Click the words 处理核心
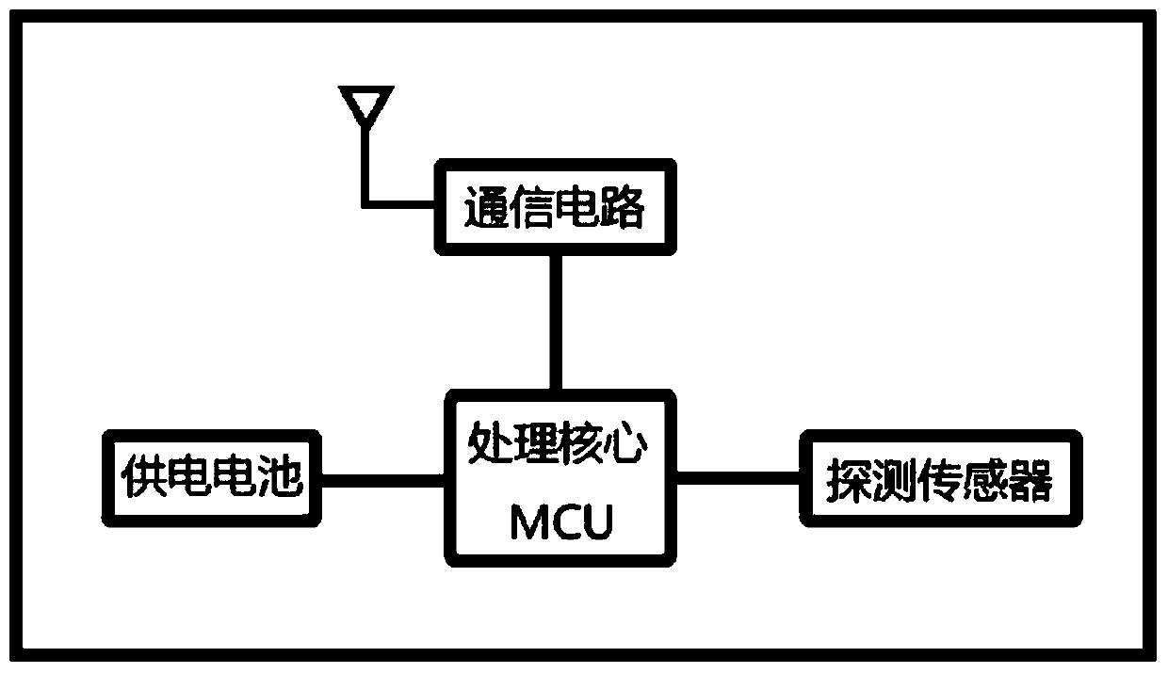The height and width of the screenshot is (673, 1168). pos(558,442)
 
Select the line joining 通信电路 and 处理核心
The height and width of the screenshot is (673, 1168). pos(556,323)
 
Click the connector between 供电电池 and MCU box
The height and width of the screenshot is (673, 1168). pos(382,480)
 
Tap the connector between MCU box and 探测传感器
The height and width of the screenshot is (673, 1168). pos(738,477)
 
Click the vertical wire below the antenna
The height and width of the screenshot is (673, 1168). pos(366,166)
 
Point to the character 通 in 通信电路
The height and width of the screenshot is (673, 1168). pos(486,207)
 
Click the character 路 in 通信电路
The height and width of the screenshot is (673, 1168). pos(622,207)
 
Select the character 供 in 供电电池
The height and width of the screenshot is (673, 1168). pos(143,476)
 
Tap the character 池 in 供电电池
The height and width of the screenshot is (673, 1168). pos(280,476)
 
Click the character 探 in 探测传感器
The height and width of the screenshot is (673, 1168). pos(849,480)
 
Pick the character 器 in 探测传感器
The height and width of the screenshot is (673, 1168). pos(1029,480)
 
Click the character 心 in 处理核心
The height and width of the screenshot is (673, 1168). pos(626,442)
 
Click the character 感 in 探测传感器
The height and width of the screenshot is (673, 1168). pos(984,480)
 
